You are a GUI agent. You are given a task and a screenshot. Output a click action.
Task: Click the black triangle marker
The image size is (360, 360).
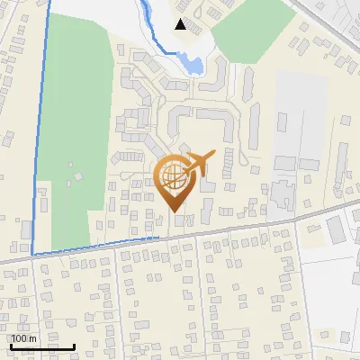click(181, 24)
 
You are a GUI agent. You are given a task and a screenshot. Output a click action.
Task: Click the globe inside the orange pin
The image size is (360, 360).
click(174, 177)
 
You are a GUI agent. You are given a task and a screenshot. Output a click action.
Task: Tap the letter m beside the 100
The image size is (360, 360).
click(32, 338)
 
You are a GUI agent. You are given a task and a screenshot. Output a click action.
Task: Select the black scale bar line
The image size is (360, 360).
click(42, 346)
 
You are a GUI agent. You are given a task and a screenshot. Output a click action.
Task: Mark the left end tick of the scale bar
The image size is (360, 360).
click(11, 345)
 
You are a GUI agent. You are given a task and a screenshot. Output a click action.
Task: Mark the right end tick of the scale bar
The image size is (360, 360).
click(75, 345)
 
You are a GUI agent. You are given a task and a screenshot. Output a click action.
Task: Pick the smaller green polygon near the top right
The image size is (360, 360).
click(243, 31)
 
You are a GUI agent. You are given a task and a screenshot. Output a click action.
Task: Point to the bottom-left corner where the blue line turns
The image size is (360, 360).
click(31, 255)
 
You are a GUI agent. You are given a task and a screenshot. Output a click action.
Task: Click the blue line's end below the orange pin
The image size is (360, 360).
click(160, 238)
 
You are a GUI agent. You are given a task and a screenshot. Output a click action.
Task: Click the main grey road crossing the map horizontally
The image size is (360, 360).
click(225, 228)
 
